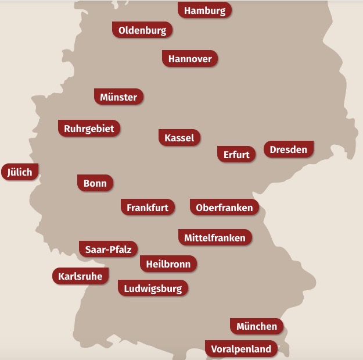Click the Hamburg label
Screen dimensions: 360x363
pyautogui.click(x=204, y=10)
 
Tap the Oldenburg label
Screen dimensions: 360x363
pyautogui.click(x=142, y=30)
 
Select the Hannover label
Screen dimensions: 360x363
pyautogui.click(x=190, y=59)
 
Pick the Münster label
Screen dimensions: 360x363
pyautogui.click(x=118, y=97)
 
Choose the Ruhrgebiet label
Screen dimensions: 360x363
pyautogui.click(x=89, y=129)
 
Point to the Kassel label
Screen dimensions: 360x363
pyautogui.click(x=179, y=138)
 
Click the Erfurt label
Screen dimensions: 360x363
pyautogui.click(x=236, y=155)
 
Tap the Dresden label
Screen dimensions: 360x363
pyautogui.click(x=289, y=149)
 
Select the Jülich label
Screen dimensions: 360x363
pyautogui.click(x=20, y=172)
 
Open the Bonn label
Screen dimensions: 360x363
pyautogui.click(x=95, y=183)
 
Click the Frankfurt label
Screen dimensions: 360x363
pyautogui.click(x=148, y=208)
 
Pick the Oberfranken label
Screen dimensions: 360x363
pyautogui.click(x=224, y=208)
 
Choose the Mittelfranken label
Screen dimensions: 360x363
pyautogui.click(x=215, y=238)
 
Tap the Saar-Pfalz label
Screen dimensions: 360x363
pyautogui.click(x=108, y=250)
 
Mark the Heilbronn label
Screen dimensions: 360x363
pyautogui.click(x=168, y=264)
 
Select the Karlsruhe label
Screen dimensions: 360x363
pyautogui.click(x=80, y=276)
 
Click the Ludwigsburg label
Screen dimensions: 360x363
pyautogui.click(x=153, y=288)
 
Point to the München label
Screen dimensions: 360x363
pyautogui.click(x=257, y=326)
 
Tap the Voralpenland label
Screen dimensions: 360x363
pyautogui.click(x=241, y=349)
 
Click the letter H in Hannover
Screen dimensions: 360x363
pyautogui.click(x=172, y=59)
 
